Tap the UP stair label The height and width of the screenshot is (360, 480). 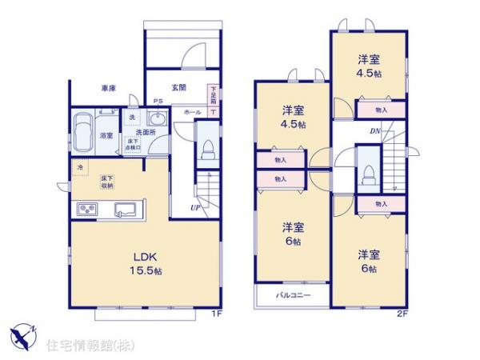[x=194, y=210]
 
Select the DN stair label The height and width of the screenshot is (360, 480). [x=374, y=130]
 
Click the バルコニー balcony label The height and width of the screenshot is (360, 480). [x=293, y=295]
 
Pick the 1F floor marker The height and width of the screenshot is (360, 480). [x=215, y=314]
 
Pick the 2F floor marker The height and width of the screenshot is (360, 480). [x=403, y=314]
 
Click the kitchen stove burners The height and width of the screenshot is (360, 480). [x=86, y=210]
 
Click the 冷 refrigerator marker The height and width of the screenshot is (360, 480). [x=79, y=167]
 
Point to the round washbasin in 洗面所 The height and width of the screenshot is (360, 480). [x=157, y=120]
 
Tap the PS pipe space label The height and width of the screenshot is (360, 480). [x=158, y=101]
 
